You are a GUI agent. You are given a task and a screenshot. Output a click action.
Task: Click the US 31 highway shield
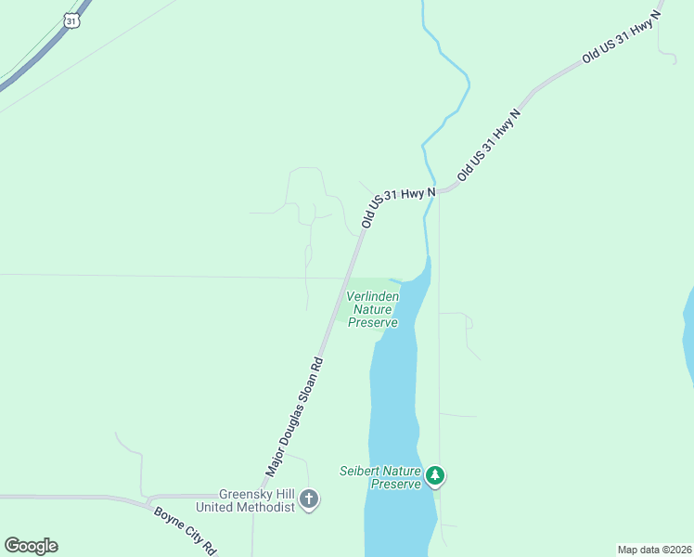[72, 19]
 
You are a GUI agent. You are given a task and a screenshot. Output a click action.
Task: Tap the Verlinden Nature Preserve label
[372, 309]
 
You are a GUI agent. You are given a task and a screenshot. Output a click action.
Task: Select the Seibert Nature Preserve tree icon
[435, 477]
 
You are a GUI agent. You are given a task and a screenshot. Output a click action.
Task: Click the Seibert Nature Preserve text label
[381, 477]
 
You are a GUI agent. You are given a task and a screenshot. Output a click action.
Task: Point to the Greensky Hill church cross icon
[310, 500]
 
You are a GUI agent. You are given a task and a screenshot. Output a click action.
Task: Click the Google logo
[32, 546]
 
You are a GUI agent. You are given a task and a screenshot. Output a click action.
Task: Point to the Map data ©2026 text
[654, 550]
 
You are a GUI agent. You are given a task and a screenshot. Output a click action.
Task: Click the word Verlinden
[372, 296]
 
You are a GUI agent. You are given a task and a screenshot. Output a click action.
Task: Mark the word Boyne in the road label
[168, 517]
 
